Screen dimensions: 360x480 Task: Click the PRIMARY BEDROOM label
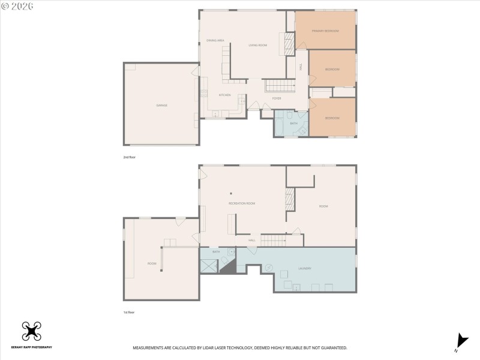click(325, 31)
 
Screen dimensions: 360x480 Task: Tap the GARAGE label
click(161, 105)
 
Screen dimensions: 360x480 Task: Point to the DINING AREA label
click(215, 40)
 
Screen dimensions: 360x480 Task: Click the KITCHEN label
click(224, 95)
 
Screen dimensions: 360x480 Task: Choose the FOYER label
click(277, 98)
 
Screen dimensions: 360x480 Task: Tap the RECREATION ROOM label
click(242, 203)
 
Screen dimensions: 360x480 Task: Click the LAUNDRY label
click(304, 268)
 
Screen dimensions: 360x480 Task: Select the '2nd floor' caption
click(130, 157)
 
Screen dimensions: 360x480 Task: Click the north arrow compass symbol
click(460, 341)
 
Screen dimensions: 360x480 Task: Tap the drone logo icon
click(31, 331)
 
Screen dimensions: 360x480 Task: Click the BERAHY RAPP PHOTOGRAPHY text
click(31, 347)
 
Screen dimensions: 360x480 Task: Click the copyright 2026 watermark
click(18, 5)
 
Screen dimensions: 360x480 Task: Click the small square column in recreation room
click(231, 193)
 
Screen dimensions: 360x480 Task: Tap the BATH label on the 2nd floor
click(294, 123)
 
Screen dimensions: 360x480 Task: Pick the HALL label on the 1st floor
click(253, 241)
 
